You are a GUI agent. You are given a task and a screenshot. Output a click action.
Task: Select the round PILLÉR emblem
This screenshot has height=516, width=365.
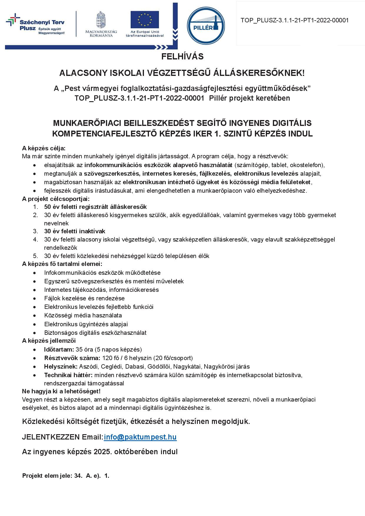coord(206,26)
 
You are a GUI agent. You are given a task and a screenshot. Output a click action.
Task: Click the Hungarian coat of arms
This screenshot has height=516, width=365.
coord(101,20)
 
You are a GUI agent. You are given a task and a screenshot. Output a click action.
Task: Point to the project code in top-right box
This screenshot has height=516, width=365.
coord(294,20)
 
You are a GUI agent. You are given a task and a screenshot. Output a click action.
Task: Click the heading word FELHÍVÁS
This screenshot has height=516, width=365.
coord(182,56)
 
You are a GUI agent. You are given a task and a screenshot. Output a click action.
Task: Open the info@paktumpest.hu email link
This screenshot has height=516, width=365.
coord(140,437)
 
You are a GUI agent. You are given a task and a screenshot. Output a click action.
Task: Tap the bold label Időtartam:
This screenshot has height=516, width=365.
coord(59,349)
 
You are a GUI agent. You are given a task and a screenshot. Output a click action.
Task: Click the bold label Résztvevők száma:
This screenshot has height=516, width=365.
coord(72,358)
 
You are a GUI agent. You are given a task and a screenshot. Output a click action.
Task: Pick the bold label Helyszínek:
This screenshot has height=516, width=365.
coord(61,367)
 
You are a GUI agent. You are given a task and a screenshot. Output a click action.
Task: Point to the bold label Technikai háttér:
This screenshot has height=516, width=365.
coord(68,375)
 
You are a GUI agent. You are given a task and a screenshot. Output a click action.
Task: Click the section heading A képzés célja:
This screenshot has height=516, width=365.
coord(44,148)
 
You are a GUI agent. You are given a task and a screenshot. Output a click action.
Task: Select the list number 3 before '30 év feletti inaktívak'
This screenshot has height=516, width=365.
coord(36,231)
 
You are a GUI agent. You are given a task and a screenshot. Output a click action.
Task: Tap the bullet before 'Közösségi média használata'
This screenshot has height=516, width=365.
coord(35,316)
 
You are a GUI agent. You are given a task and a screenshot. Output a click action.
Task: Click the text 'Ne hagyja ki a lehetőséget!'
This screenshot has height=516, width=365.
coord(61,391)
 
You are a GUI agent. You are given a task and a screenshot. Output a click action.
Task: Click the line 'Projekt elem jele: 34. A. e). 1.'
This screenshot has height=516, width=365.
coord(66,476)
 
